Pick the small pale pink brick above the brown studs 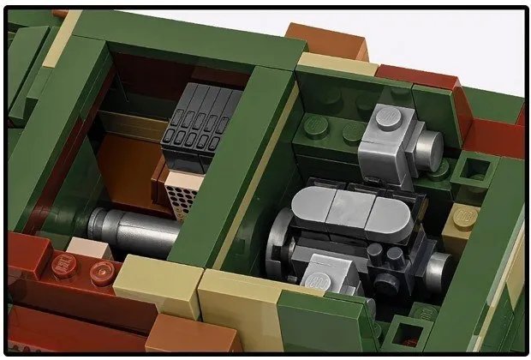87,248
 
